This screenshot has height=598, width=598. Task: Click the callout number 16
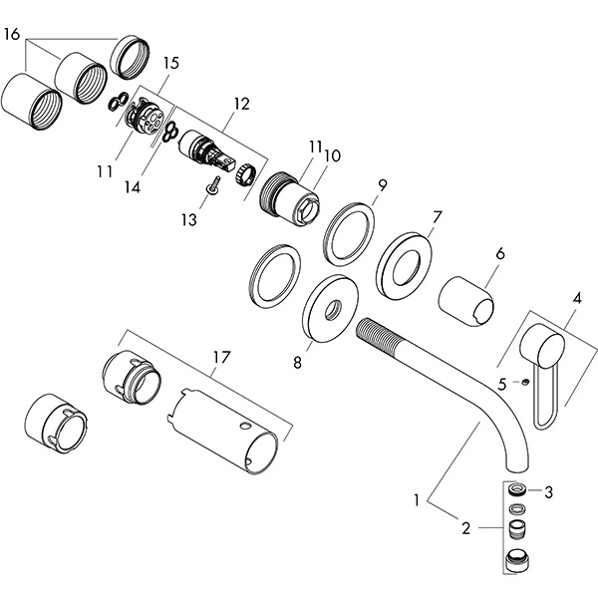pos(12,34)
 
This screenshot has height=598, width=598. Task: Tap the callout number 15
pos(169,63)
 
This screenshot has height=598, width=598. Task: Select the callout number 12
pos(241,103)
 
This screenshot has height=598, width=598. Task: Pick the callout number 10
pos(332,155)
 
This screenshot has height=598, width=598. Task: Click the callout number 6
pos(501,254)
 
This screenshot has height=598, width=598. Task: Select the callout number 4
pos(576,296)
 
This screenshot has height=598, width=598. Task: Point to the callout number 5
pos(502,383)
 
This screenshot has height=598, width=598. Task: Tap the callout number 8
pos(296,365)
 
